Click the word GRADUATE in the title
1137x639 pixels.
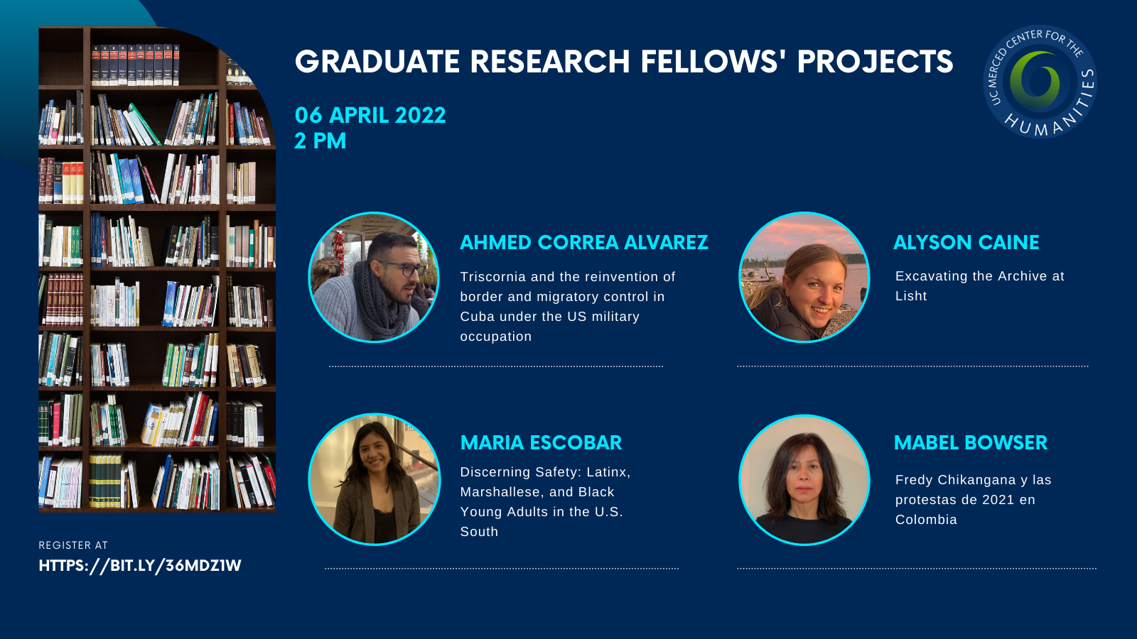377,62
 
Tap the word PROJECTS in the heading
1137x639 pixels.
875,62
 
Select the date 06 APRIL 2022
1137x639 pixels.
370,116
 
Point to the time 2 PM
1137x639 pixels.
320,141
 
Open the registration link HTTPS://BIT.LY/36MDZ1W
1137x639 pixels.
140,565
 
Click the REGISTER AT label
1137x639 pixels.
73,545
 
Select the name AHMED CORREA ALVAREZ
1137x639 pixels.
583,242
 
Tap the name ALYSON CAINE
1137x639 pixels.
966,242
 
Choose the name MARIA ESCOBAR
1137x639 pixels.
541,443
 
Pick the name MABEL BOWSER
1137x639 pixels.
971,443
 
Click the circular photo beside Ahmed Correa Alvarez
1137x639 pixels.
374,278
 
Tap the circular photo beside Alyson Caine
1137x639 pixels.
804,278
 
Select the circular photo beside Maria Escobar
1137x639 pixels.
374,479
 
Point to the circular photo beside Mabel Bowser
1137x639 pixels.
804,480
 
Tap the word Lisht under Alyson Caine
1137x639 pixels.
911,296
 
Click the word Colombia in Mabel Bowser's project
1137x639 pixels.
927,520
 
